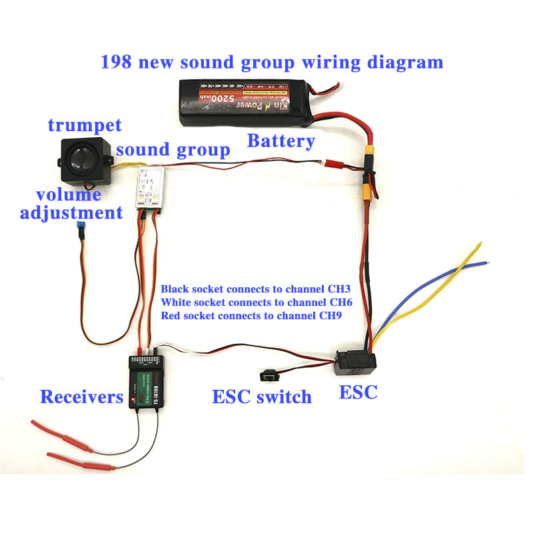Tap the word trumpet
click(x=85, y=125)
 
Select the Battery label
click(x=280, y=141)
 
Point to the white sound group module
click(x=151, y=189)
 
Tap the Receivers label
click(x=81, y=398)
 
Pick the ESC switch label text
click(x=262, y=398)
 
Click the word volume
click(x=69, y=195)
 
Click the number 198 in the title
click(x=115, y=63)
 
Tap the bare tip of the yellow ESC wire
click(x=480, y=244)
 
